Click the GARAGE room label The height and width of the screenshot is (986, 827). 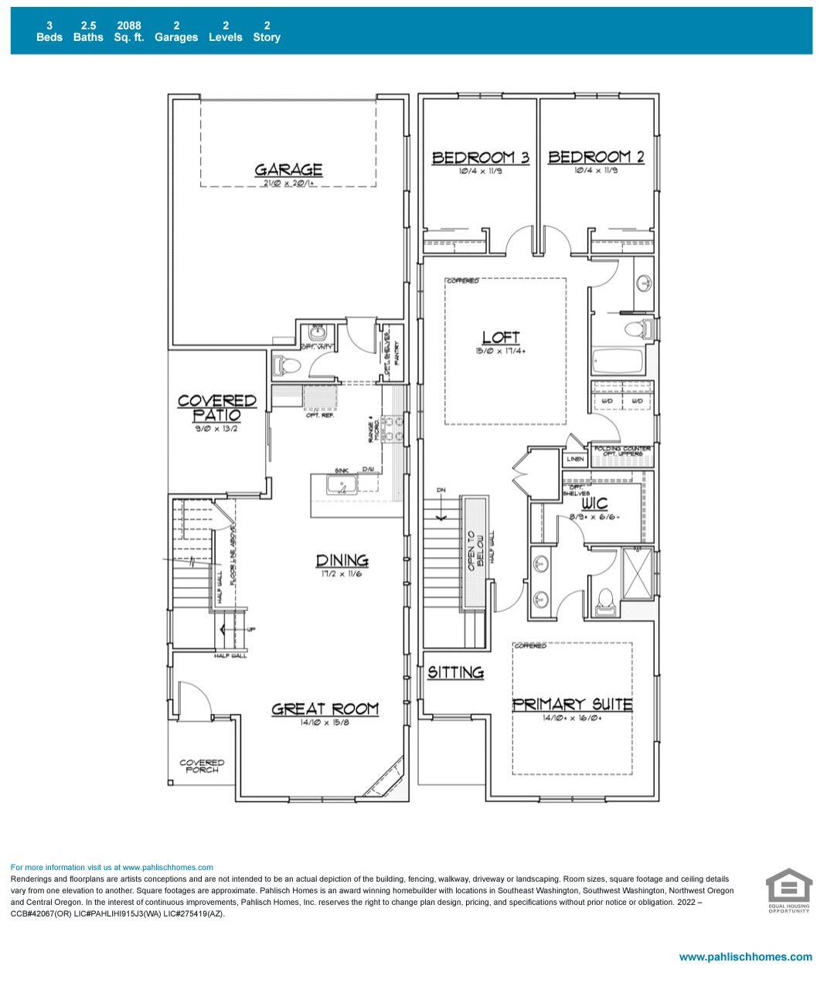click(288, 169)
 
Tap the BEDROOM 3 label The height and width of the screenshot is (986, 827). click(480, 158)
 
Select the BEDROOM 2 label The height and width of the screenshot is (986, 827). click(596, 157)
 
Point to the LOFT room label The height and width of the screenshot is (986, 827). click(501, 338)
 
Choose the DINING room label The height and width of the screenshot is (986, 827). click(342, 560)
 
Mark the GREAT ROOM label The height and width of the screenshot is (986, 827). click(325, 709)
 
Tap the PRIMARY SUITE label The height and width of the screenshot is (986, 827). click(572, 704)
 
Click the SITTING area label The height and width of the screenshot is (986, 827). click(456, 672)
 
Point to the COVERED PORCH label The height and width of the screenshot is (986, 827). click(202, 766)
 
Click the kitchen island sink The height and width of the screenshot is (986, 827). click(341, 485)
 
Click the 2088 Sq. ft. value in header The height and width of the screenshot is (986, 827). click(129, 31)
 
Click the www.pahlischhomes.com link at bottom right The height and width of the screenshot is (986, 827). click(745, 957)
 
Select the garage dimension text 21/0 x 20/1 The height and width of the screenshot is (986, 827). click(288, 183)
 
